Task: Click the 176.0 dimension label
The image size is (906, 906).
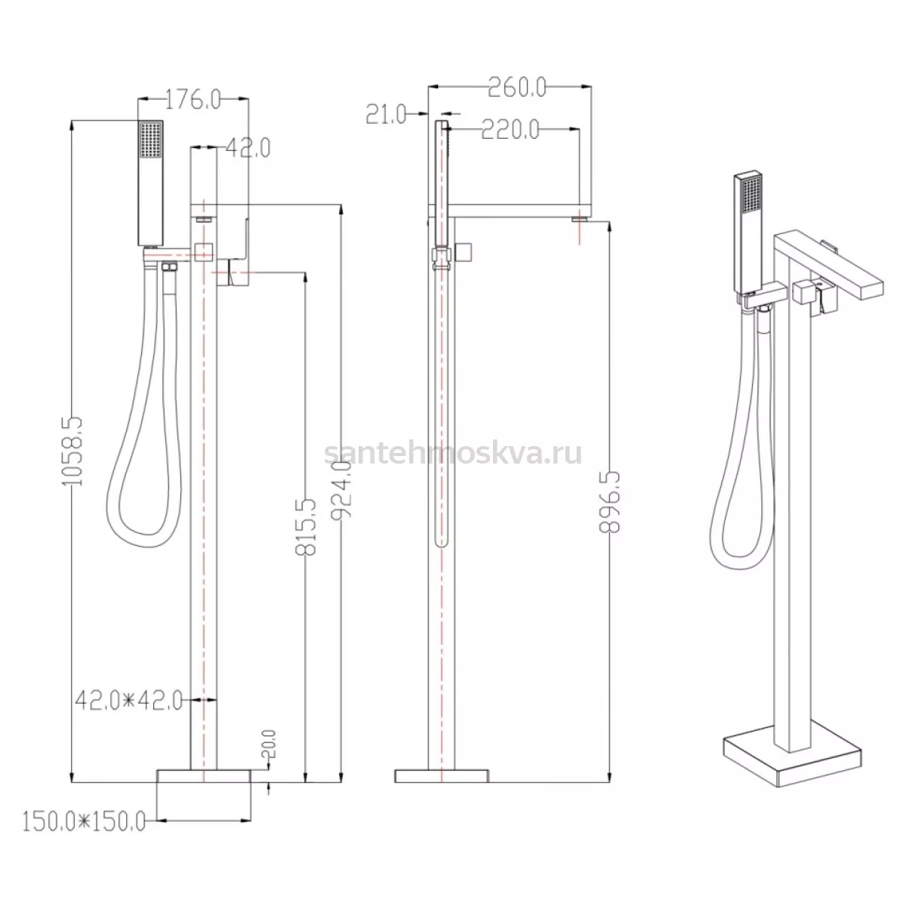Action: pos(193,100)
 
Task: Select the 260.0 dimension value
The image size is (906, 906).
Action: pos(517,87)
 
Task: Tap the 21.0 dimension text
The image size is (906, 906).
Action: pos(386,114)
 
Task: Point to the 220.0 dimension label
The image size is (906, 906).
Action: pos(510,129)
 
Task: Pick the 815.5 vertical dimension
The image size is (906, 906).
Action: pos(306,527)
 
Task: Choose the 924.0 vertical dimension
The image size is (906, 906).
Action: pos(341,490)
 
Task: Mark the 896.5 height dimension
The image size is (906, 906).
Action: pos(610,503)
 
